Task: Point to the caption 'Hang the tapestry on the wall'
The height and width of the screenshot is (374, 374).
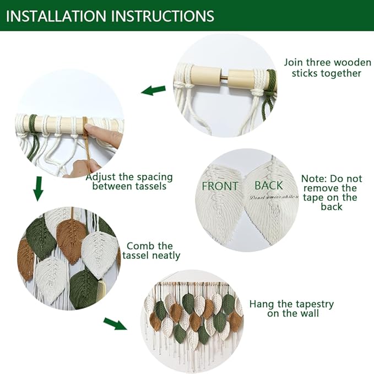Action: point(291,308)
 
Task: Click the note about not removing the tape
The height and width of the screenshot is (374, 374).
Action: point(332,193)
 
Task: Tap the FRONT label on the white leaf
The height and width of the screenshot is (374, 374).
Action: point(220,186)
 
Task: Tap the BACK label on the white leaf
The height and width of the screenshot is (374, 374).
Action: point(268,185)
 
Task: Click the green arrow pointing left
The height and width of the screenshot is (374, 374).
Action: point(154,90)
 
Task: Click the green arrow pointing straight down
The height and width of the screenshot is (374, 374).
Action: point(38,188)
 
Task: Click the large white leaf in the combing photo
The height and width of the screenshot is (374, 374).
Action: point(99,253)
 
